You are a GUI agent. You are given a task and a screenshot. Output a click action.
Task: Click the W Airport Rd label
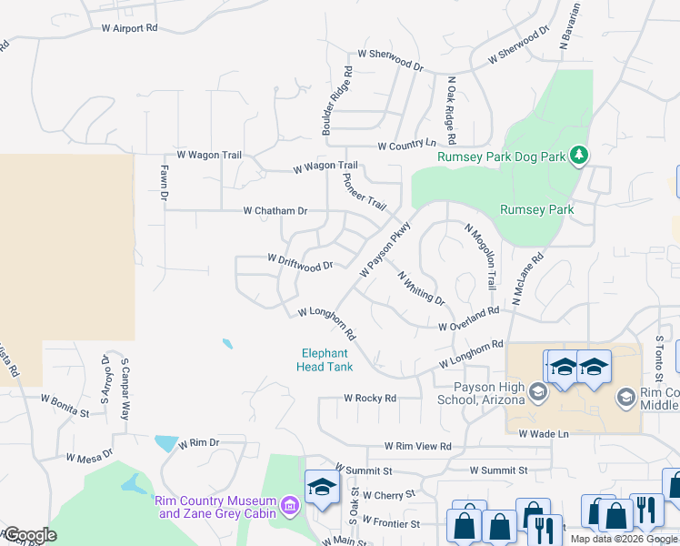pos(130,28)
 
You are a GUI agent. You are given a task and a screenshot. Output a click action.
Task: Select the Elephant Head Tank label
pos(325,360)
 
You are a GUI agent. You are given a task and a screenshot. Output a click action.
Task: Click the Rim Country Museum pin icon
pos(289,504)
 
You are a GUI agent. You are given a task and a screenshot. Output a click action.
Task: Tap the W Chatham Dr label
pos(275,211)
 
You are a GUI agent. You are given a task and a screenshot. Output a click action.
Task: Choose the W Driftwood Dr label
pos(300,260)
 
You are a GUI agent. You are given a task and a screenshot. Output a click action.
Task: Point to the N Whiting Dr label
pos(421,287)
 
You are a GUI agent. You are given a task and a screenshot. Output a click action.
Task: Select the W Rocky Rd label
pos(370,398)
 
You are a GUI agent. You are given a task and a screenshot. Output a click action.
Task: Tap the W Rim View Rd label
pos(418,446)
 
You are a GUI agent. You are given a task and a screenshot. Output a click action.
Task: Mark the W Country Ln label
pos(406,145)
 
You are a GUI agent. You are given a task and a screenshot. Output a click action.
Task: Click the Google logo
pos(30,535)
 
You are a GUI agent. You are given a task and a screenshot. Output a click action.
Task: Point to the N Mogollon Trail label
pos(481,256)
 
